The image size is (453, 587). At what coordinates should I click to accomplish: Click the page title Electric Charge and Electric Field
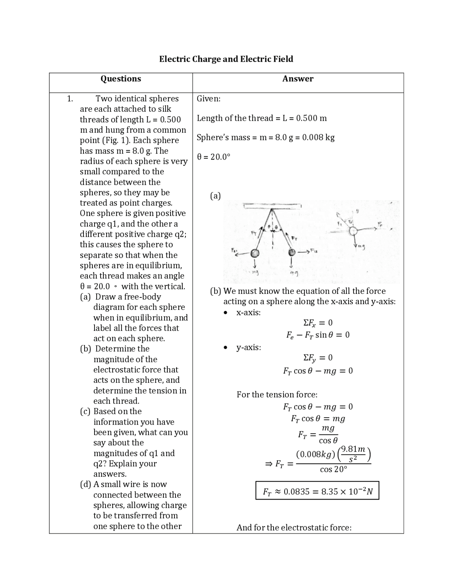coord(226,59)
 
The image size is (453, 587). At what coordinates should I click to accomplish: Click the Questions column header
coord(121,79)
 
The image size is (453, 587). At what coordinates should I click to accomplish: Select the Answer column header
coord(298,79)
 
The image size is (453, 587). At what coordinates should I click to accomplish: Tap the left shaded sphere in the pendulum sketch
coord(255,253)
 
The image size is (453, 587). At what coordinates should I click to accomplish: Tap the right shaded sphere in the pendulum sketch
coord(292,252)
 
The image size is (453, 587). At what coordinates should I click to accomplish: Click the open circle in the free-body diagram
coord(352,231)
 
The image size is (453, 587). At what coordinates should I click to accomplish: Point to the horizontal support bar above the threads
coord(272,205)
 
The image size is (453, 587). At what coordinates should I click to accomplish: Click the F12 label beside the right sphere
coord(315,251)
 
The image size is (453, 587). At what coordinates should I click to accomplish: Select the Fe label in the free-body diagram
coord(380,224)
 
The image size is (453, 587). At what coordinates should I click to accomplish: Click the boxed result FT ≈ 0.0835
coord(317,491)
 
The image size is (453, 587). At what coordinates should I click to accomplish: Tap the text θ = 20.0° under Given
coord(213,157)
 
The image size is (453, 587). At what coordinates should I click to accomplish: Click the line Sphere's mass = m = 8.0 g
coord(265,138)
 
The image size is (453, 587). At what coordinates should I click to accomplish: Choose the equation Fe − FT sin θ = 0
coord(317,335)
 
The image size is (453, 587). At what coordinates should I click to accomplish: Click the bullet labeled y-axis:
coord(248,347)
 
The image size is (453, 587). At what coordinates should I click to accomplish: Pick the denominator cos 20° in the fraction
coord(333,470)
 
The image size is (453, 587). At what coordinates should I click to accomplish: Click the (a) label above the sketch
coord(215,196)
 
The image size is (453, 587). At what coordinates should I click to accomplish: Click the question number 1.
coord(70,99)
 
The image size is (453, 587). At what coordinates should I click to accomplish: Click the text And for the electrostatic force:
coord(294,527)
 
